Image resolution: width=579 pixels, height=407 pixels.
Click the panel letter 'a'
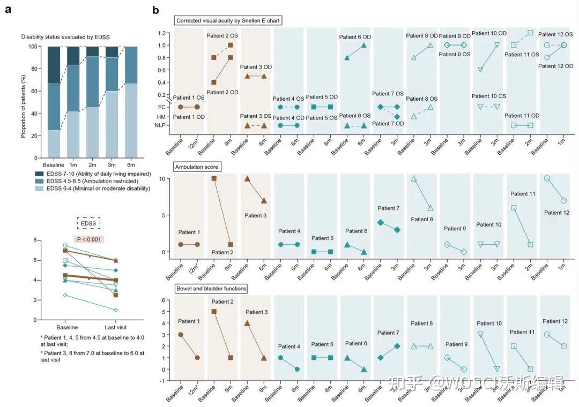8,9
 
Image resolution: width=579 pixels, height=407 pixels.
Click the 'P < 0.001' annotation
88,239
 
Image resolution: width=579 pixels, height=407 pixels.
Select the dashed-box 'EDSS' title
88,223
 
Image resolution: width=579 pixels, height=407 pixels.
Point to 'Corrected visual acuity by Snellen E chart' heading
228,20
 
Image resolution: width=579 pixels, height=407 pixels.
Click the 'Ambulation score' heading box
197,167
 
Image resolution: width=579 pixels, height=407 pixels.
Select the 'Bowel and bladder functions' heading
211,289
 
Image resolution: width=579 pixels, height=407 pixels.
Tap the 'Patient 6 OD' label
355,37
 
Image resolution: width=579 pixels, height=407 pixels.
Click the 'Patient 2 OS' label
222,35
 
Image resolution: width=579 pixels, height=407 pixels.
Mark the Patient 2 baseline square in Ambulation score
214,178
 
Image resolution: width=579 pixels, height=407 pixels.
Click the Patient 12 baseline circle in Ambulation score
547,178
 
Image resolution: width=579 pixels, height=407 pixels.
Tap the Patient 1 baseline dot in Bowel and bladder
181,335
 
